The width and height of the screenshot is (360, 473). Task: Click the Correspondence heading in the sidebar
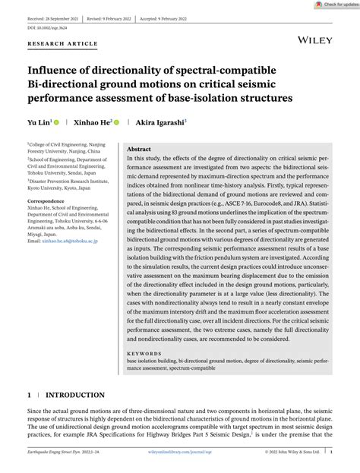tap(49, 201)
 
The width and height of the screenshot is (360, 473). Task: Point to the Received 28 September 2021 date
tap(55, 16)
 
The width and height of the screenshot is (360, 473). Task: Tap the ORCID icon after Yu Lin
tap(55, 121)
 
